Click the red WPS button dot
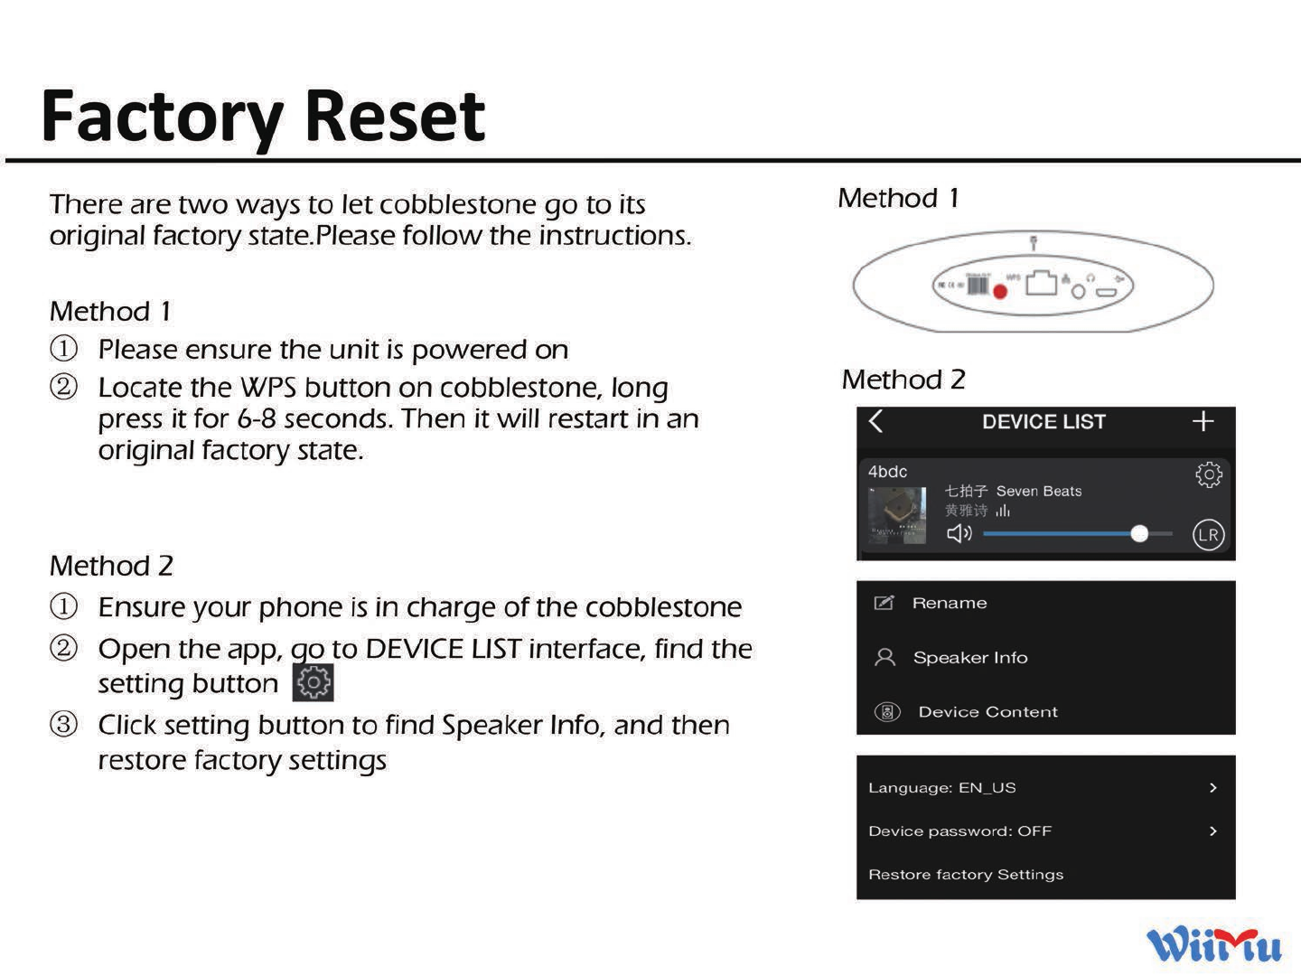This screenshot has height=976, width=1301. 1000,291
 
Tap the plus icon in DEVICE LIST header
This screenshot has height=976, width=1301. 1203,421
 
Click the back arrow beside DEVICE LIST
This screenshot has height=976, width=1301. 875,421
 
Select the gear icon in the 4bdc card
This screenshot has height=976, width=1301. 1208,474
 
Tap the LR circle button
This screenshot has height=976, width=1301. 1208,535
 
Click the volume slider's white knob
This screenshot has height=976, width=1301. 1139,534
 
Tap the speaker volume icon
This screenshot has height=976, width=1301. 959,534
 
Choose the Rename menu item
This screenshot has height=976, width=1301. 949,603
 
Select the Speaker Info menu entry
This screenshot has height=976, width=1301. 969,658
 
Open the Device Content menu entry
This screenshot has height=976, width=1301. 987,712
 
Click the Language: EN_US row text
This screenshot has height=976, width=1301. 941,788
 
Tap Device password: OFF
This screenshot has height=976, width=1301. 959,831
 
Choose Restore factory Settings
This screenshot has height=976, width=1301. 965,875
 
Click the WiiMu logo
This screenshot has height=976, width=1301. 1214,945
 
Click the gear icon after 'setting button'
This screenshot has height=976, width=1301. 314,682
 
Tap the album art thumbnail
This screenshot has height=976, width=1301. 897,515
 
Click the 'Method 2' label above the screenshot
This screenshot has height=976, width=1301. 903,380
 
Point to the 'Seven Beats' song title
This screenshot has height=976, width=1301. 1038,492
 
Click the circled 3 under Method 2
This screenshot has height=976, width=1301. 63,725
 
